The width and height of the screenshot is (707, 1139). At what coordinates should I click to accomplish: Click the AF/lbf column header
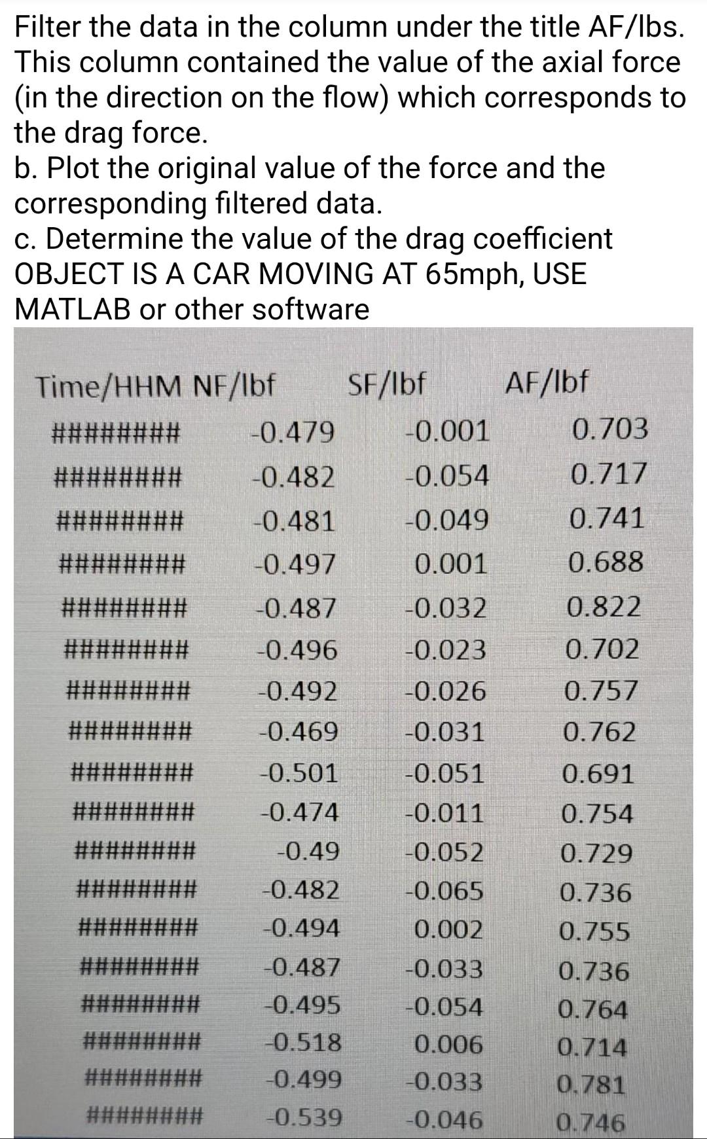tap(547, 382)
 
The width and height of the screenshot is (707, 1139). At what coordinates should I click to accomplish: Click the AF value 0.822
tap(604, 607)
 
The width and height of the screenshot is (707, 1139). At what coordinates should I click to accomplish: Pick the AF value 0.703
tap(610, 429)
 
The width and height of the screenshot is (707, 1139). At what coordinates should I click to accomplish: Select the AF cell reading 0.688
tap(606, 562)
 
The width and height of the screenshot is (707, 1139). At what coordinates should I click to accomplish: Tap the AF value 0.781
tap(591, 1085)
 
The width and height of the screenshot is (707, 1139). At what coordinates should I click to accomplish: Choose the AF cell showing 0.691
tap(598, 774)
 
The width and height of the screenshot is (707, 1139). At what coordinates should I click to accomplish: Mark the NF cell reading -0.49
tap(308, 852)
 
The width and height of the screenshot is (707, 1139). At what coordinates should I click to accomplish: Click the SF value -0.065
tap(444, 891)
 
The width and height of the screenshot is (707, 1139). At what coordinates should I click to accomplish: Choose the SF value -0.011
tap(444, 813)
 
